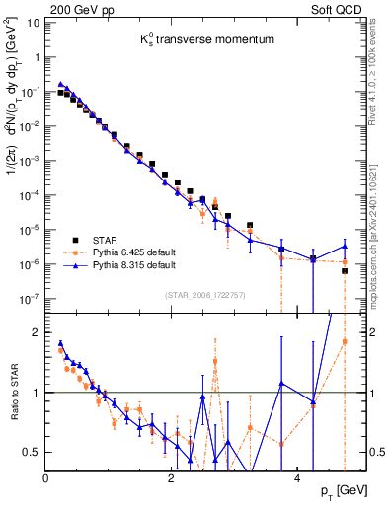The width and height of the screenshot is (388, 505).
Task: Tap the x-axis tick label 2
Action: tap(172, 477)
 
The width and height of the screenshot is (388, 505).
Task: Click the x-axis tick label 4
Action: tap(297, 477)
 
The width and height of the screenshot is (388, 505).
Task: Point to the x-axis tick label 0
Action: tap(46, 477)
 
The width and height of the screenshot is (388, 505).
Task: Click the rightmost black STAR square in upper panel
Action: tap(345, 271)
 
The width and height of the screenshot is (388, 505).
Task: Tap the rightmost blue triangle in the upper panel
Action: tap(345, 246)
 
